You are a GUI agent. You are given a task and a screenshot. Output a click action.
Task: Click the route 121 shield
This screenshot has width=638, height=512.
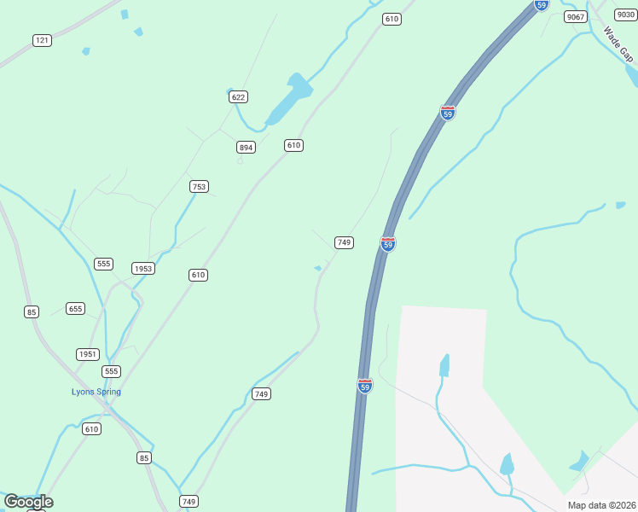click(42, 40)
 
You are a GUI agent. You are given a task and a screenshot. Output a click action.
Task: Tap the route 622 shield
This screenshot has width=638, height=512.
click(238, 96)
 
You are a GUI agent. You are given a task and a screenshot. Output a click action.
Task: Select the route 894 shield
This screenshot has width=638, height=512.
click(246, 148)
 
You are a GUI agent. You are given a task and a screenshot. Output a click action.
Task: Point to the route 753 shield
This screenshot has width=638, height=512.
click(199, 186)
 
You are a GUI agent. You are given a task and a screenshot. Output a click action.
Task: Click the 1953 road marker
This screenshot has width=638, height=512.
click(142, 268)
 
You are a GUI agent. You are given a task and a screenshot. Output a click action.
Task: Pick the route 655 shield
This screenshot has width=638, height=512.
click(75, 308)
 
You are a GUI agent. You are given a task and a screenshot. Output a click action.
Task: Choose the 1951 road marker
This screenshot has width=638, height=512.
click(88, 354)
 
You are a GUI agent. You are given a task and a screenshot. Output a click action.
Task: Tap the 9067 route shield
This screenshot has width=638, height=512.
click(576, 17)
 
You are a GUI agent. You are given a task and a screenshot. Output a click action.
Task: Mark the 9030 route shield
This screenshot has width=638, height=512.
click(626, 15)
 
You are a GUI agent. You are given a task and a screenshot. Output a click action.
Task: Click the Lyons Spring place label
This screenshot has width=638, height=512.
click(96, 393)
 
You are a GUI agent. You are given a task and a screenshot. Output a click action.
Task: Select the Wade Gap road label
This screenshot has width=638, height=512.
click(618, 44)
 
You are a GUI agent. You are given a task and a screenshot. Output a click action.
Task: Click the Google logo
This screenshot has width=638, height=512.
click(28, 502)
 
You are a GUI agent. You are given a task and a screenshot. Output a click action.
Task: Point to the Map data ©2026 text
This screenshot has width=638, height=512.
click(601, 505)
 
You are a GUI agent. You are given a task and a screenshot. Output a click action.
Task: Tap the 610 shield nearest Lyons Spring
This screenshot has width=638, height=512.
click(91, 428)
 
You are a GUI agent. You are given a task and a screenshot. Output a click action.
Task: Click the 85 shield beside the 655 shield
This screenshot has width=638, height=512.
click(32, 311)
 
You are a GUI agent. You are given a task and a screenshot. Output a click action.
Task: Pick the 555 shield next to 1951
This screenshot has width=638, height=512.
click(111, 371)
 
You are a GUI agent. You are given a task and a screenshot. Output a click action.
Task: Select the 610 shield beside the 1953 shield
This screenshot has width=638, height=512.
click(198, 275)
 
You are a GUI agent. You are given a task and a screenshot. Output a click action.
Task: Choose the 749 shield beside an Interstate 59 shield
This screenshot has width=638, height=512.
click(344, 242)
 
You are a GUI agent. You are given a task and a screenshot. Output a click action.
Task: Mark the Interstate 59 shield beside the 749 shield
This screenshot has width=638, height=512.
click(388, 243)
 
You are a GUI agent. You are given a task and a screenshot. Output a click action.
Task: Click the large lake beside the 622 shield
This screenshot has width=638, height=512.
click(287, 101)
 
